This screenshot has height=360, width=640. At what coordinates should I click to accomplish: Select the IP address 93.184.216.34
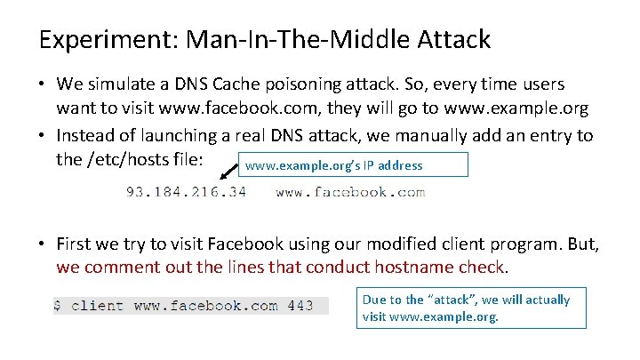pyautogui.click(x=186, y=192)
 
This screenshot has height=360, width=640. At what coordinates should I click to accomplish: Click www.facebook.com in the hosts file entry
pyautogui.click(x=350, y=192)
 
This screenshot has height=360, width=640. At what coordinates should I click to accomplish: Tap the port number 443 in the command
pyautogui.click(x=300, y=306)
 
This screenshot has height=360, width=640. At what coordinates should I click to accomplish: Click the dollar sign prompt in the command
pyautogui.click(x=59, y=306)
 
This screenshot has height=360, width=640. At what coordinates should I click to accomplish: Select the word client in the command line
pyautogui.click(x=98, y=306)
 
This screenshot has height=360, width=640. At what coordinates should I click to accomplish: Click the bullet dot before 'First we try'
pyautogui.click(x=43, y=243)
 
